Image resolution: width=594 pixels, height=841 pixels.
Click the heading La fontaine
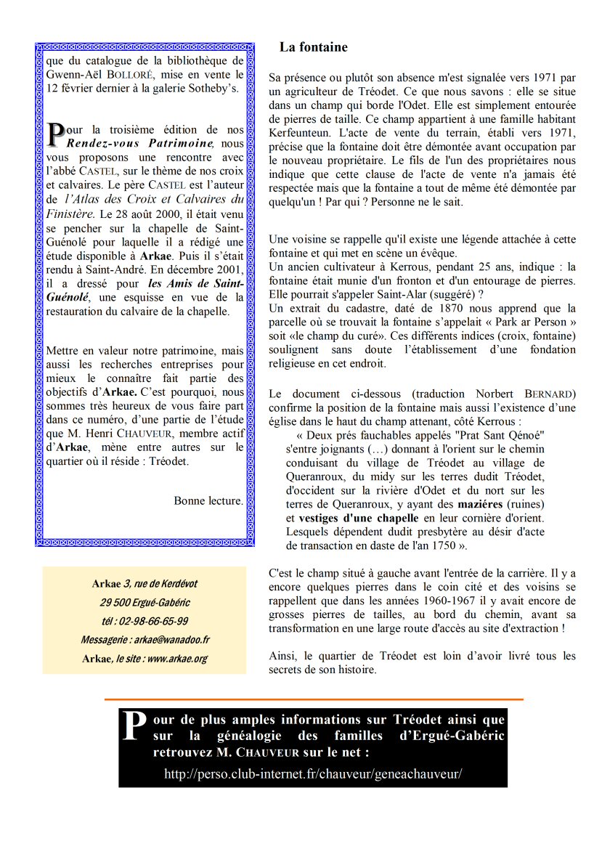(x=313, y=48)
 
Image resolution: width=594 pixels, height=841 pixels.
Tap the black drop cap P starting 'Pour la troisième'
(x=56, y=134)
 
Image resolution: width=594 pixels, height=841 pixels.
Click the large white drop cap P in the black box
(x=132, y=726)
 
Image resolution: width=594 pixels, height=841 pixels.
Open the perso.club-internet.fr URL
(x=313, y=774)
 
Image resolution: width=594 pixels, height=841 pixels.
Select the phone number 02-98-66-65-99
(x=145, y=621)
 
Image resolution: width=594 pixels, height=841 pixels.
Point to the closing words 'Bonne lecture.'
(x=208, y=500)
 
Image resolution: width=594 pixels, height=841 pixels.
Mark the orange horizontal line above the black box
(x=313, y=699)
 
